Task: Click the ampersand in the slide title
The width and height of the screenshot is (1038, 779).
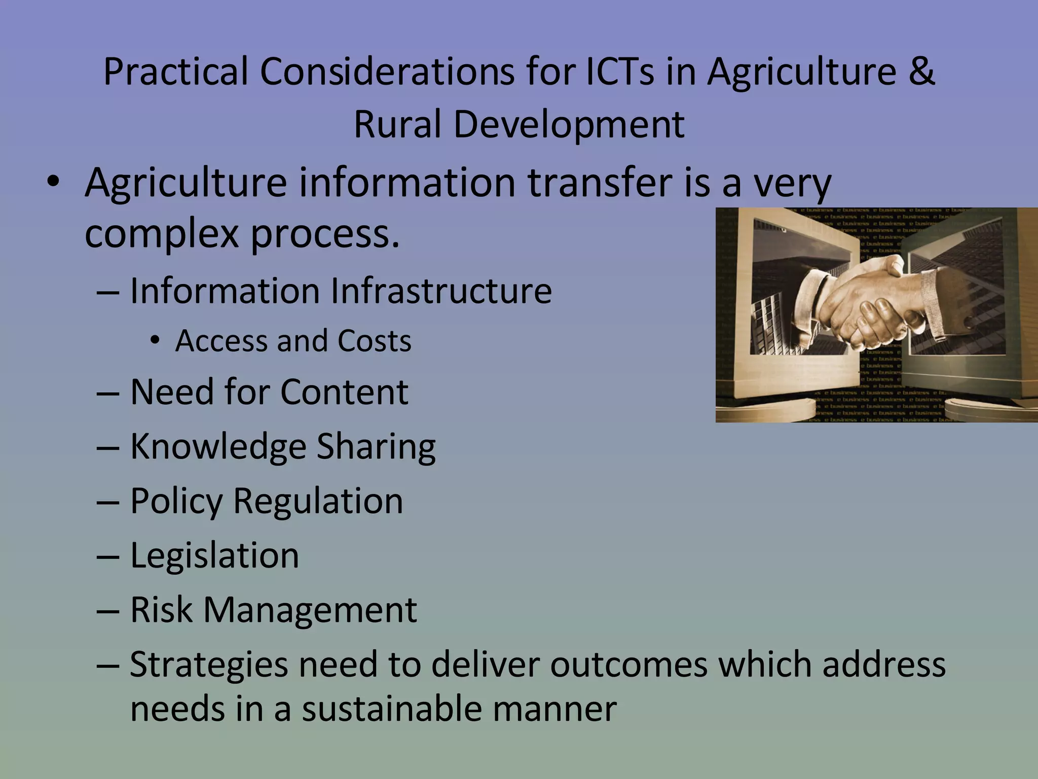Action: click(921, 72)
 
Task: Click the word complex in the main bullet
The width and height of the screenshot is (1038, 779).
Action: click(161, 234)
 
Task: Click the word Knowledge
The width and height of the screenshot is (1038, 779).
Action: click(218, 447)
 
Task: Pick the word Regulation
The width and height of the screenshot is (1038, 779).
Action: click(318, 501)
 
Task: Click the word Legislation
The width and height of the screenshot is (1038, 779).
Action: click(214, 555)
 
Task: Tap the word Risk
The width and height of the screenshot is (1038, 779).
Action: click(161, 609)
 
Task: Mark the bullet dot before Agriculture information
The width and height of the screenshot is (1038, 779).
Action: click(53, 183)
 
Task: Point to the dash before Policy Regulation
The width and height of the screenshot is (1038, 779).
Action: click(107, 502)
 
